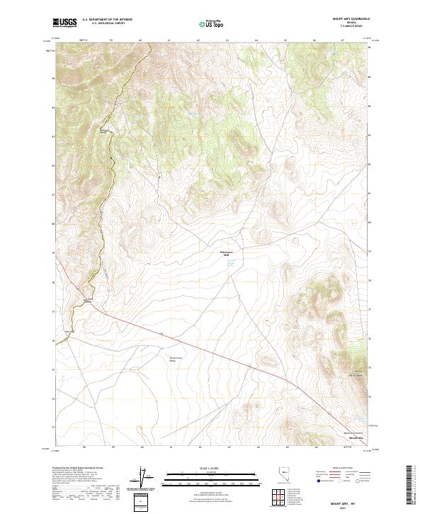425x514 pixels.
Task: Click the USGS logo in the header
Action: (64, 23)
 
